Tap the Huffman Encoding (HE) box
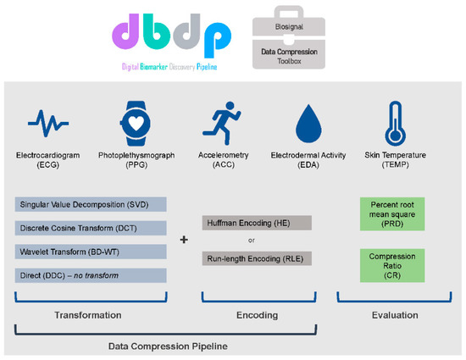click(x=257, y=223)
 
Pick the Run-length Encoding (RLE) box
click(x=257, y=258)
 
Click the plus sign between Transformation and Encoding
click(x=185, y=240)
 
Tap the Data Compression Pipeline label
click(x=168, y=346)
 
